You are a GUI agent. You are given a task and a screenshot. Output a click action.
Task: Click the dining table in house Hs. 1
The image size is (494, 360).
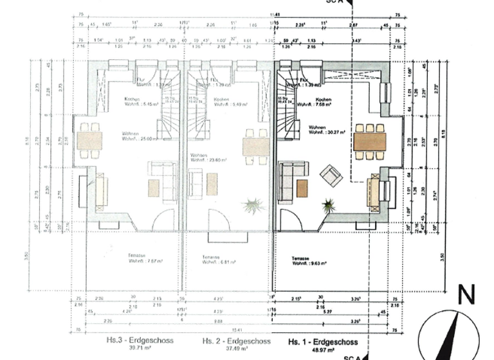pos(369,141)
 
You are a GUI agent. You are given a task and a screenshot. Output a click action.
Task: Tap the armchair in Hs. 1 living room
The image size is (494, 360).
pos(332,175)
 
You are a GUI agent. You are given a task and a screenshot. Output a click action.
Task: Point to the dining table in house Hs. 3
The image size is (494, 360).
pos(89,141)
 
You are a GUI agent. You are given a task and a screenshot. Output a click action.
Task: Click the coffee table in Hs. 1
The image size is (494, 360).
pos(302,188)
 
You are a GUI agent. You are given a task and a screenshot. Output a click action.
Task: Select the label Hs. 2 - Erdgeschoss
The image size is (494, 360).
pos(232,341)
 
